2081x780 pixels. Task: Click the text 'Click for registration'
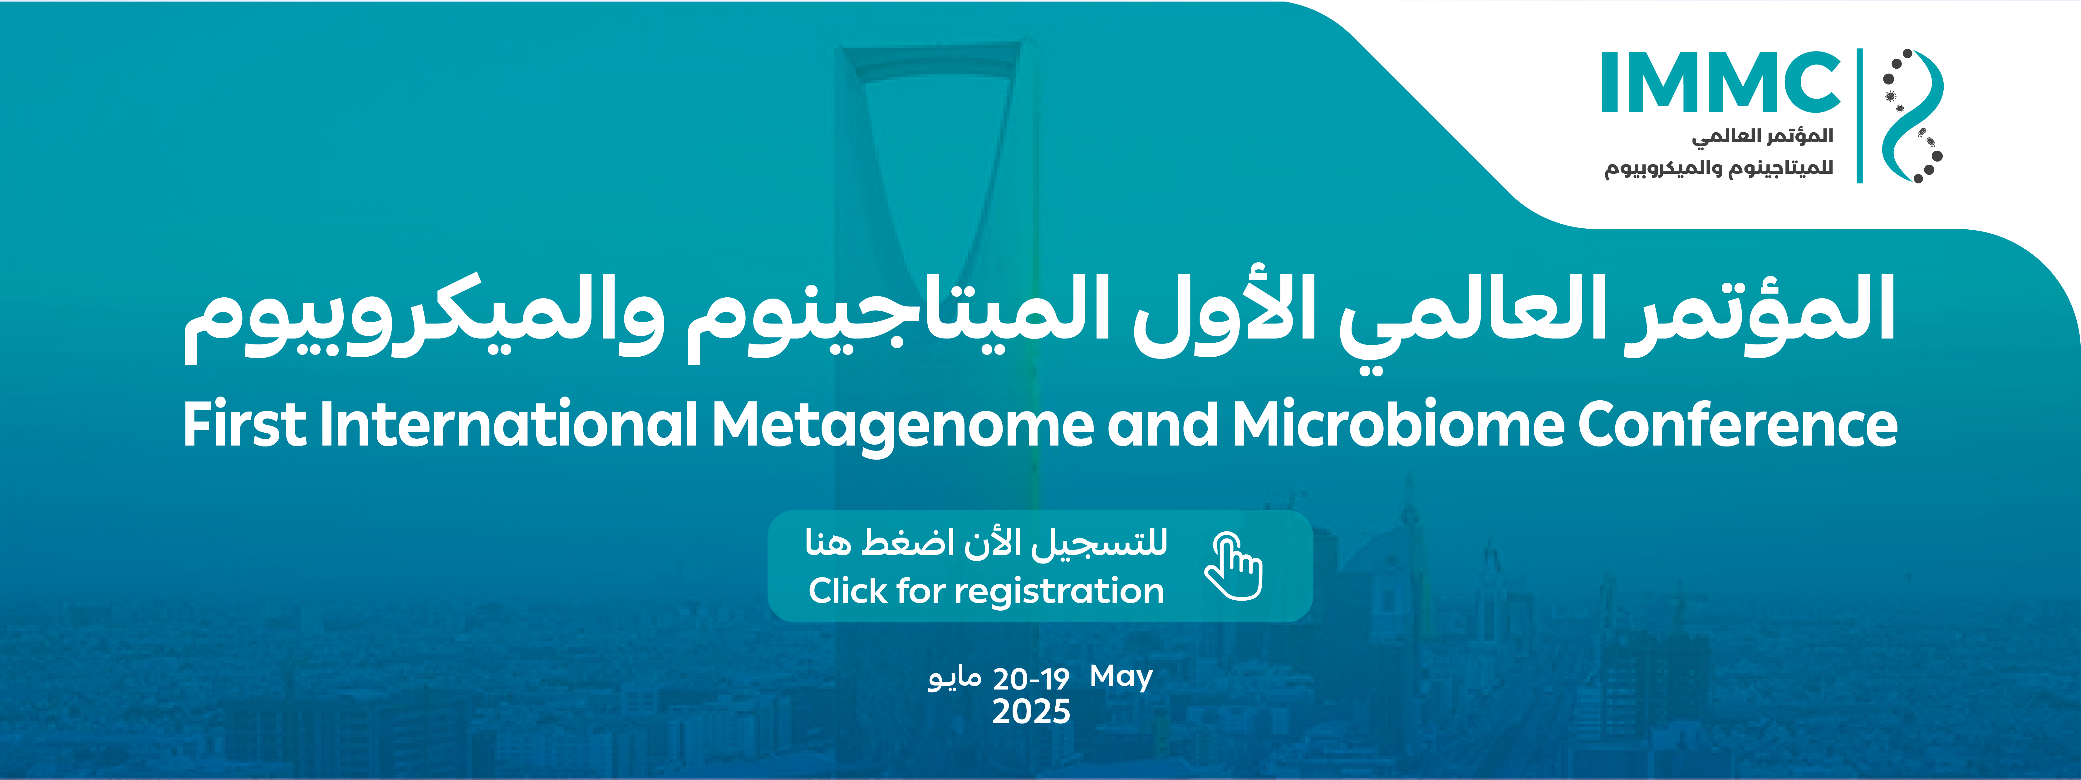(x=986, y=591)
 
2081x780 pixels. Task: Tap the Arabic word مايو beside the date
(x=954, y=678)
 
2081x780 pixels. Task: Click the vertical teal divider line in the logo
(x=1860, y=115)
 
